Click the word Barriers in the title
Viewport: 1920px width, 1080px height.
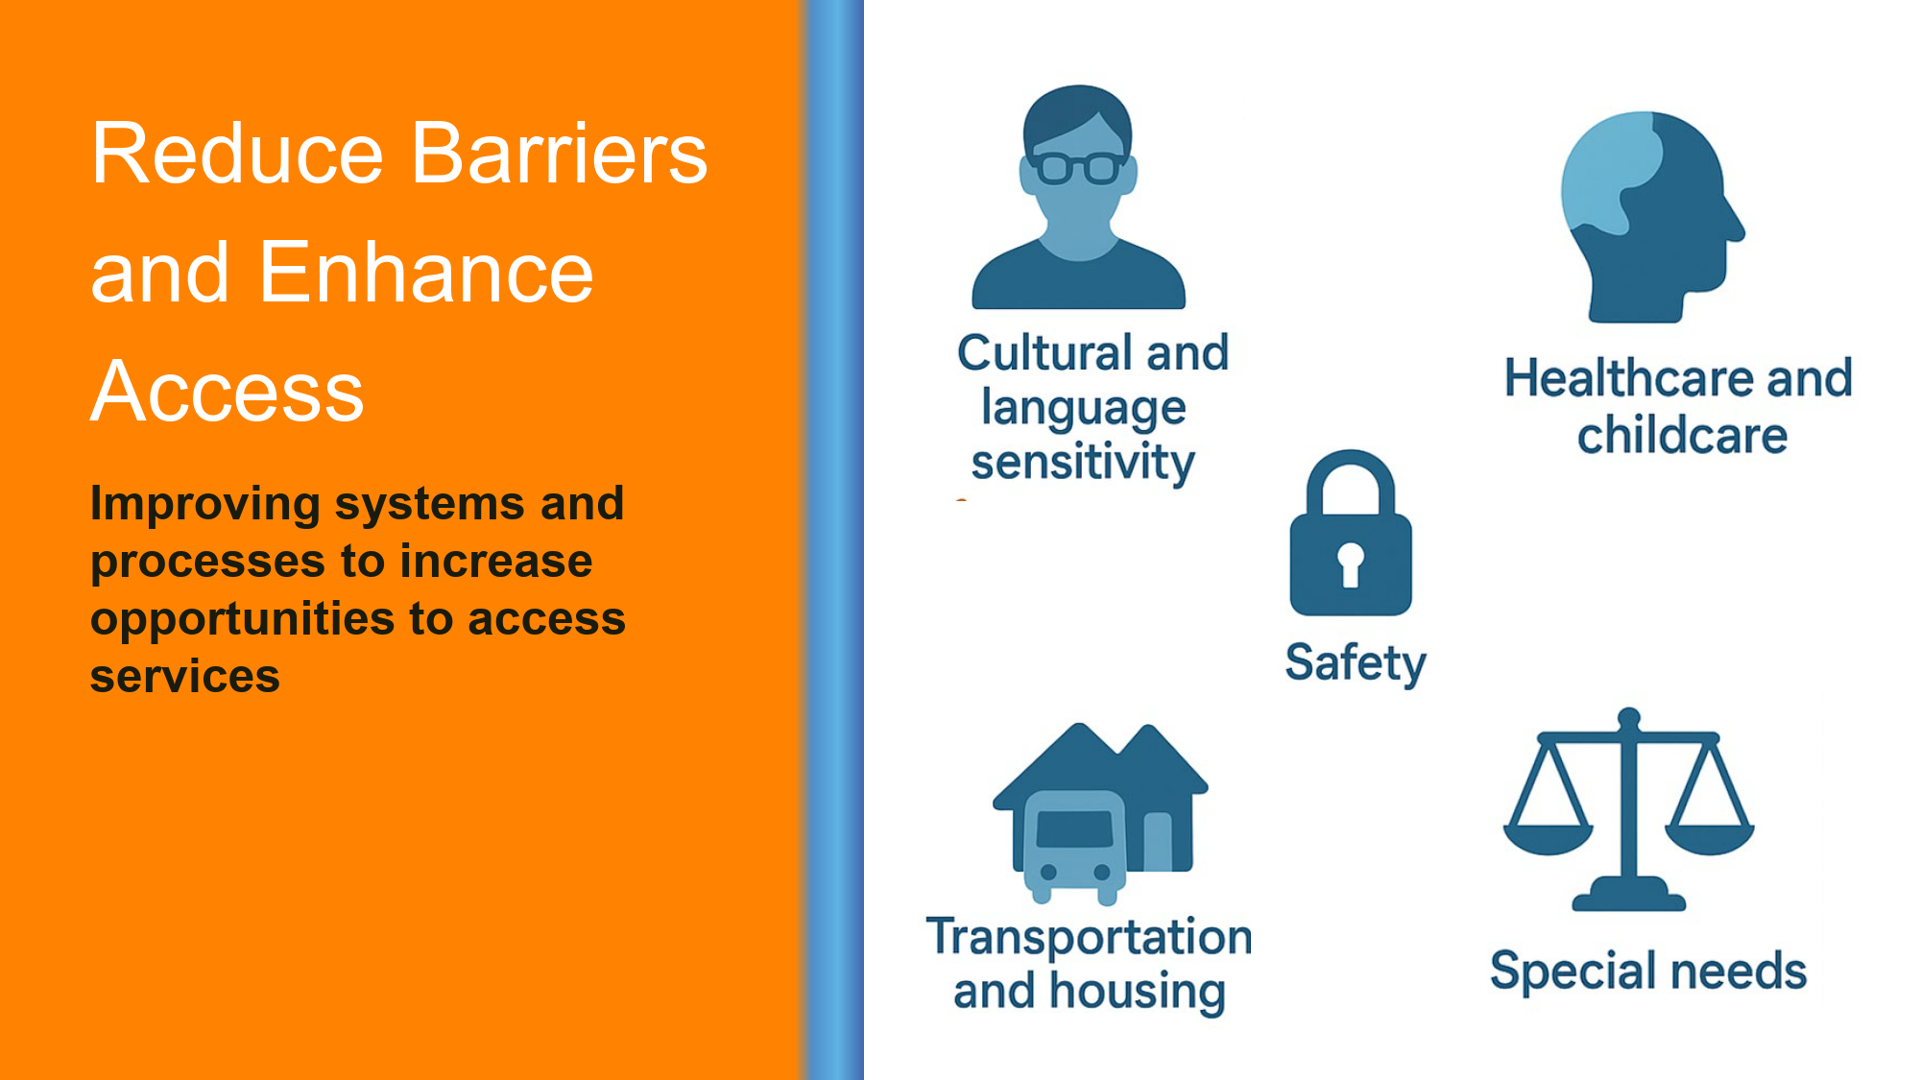pyautogui.click(x=560, y=153)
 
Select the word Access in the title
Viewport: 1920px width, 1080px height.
pyautogui.click(x=228, y=391)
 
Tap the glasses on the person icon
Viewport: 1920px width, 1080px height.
pyautogui.click(x=1078, y=168)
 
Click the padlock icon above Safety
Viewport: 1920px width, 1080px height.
pyautogui.click(x=1351, y=533)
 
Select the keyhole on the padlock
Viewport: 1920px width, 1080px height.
pyautogui.click(x=1351, y=564)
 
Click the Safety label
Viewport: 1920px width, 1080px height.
pyautogui.click(x=1356, y=663)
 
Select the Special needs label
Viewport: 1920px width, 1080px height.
pyautogui.click(x=1648, y=971)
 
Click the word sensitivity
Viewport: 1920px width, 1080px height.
pyautogui.click(x=1083, y=462)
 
